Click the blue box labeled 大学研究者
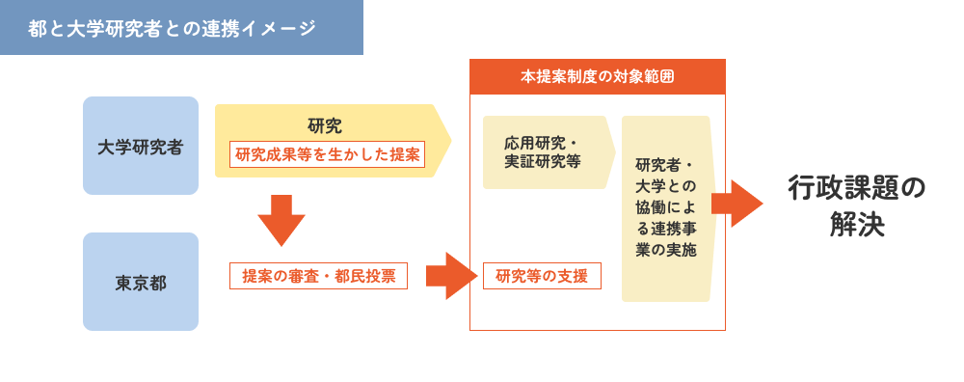pyautogui.click(x=141, y=147)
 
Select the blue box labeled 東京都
pyautogui.click(x=141, y=283)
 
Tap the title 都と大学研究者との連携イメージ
pyautogui.click(x=173, y=28)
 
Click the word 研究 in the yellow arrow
pyautogui.click(x=325, y=125)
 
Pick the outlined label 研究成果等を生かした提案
pyautogui.click(x=328, y=154)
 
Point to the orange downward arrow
pyautogui.click(x=281, y=219)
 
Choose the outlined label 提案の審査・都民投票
pyautogui.click(x=319, y=276)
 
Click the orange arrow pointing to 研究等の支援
pyautogui.click(x=451, y=276)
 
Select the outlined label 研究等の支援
pyautogui.click(x=542, y=276)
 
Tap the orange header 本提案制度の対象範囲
pyautogui.click(x=597, y=77)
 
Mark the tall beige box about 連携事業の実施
pyautogui.click(x=666, y=208)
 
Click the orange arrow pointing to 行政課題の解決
pyautogui.click(x=736, y=203)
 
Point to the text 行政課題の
pyautogui.click(x=856, y=187)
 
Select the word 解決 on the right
pyautogui.click(x=856, y=226)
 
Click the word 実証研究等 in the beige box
pyautogui.click(x=543, y=162)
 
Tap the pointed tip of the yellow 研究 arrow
pyautogui.click(x=448, y=141)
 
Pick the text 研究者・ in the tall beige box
pyautogui.click(x=665, y=164)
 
